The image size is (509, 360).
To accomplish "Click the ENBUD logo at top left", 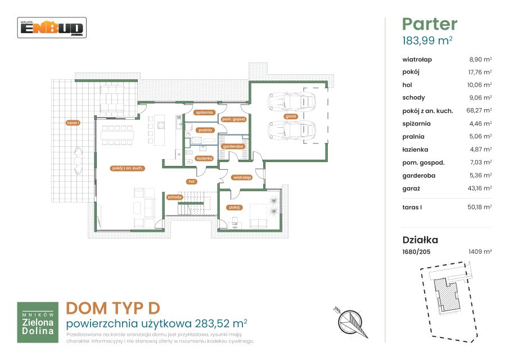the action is tap(52, 28).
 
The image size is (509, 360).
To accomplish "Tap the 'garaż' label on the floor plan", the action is tap(291, 116).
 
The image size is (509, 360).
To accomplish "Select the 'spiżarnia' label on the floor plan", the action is tap(204, 112).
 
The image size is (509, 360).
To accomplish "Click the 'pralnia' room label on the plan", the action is tap(205, 130).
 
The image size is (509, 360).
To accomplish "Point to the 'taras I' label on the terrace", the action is tap(73, 123).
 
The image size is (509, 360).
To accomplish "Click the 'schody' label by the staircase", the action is tap(175, 197).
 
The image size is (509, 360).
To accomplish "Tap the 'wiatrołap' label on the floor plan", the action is tap(242, 178).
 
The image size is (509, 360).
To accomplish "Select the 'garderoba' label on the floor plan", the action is tap(233, 146).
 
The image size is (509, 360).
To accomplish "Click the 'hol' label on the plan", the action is tap(192, 182).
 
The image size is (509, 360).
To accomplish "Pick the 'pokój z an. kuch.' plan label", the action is tap(127, 168).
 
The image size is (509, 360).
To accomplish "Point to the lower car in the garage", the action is tap(291, 130).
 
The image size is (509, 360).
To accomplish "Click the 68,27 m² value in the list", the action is tap(479, 110).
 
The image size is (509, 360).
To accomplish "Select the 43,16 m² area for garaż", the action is tap(480, 188).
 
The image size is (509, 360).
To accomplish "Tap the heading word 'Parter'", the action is tap(430, 24).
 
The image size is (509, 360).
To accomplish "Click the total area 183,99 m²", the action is tap(427, 40).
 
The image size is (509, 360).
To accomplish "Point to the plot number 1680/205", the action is tap(416, 251).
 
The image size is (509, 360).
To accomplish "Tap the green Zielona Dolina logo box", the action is tap(38, 322).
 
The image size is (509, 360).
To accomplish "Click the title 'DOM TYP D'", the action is tap(113, 308).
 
